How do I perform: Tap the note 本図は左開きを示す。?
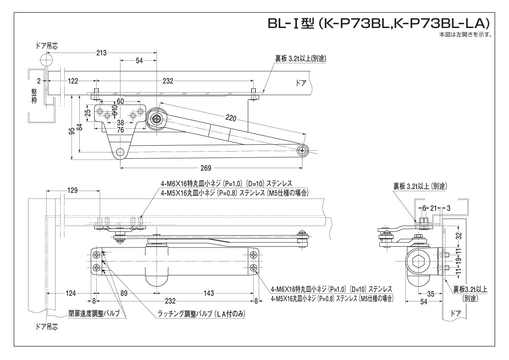point(465,35)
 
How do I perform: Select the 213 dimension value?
point(101,53)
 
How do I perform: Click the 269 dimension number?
point(206,168)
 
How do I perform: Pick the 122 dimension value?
point(73,81)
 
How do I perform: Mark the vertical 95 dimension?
point(72,132)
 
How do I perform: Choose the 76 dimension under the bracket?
point(120,130)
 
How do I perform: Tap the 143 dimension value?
point(208,293)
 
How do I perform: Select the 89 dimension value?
point(124,293)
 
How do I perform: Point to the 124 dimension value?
point(71,293)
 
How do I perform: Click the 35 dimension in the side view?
point(431,293)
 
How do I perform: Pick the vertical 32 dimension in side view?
point(459,236)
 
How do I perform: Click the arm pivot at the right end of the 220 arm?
point(302,149)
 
